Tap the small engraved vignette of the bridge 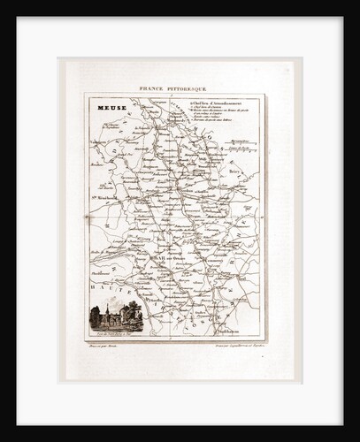[x=116, y=317]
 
